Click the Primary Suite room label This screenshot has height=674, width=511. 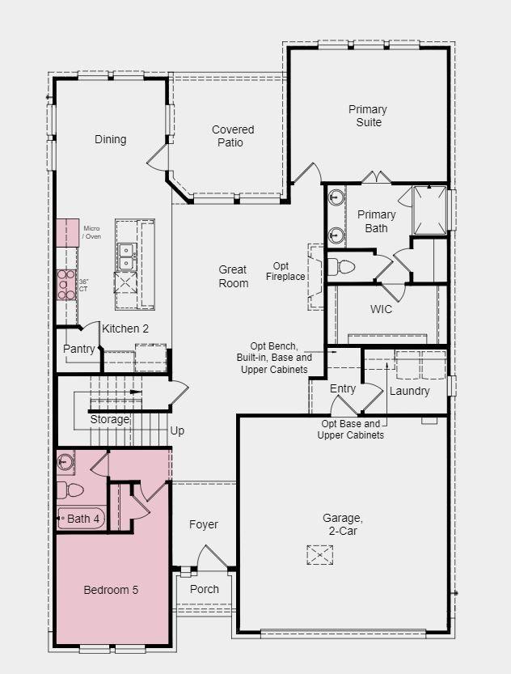368,116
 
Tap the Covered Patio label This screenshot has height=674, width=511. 233,136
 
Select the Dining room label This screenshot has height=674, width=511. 111,139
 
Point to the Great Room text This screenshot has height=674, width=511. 233,277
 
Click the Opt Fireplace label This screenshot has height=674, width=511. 285,271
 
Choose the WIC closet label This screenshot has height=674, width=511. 381,309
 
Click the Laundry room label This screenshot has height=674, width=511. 409,391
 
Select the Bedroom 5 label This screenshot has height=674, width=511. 111,590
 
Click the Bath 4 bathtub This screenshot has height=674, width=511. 81,519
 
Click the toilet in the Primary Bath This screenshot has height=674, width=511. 343,266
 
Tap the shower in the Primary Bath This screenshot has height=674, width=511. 429,211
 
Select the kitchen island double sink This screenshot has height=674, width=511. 126,256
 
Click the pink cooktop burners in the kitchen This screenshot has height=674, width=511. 65,285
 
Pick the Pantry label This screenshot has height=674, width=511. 79,350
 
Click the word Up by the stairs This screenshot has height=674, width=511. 177,430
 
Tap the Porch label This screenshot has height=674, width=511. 204,589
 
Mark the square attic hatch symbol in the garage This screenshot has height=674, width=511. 319,555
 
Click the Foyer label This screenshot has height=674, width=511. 204,524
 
